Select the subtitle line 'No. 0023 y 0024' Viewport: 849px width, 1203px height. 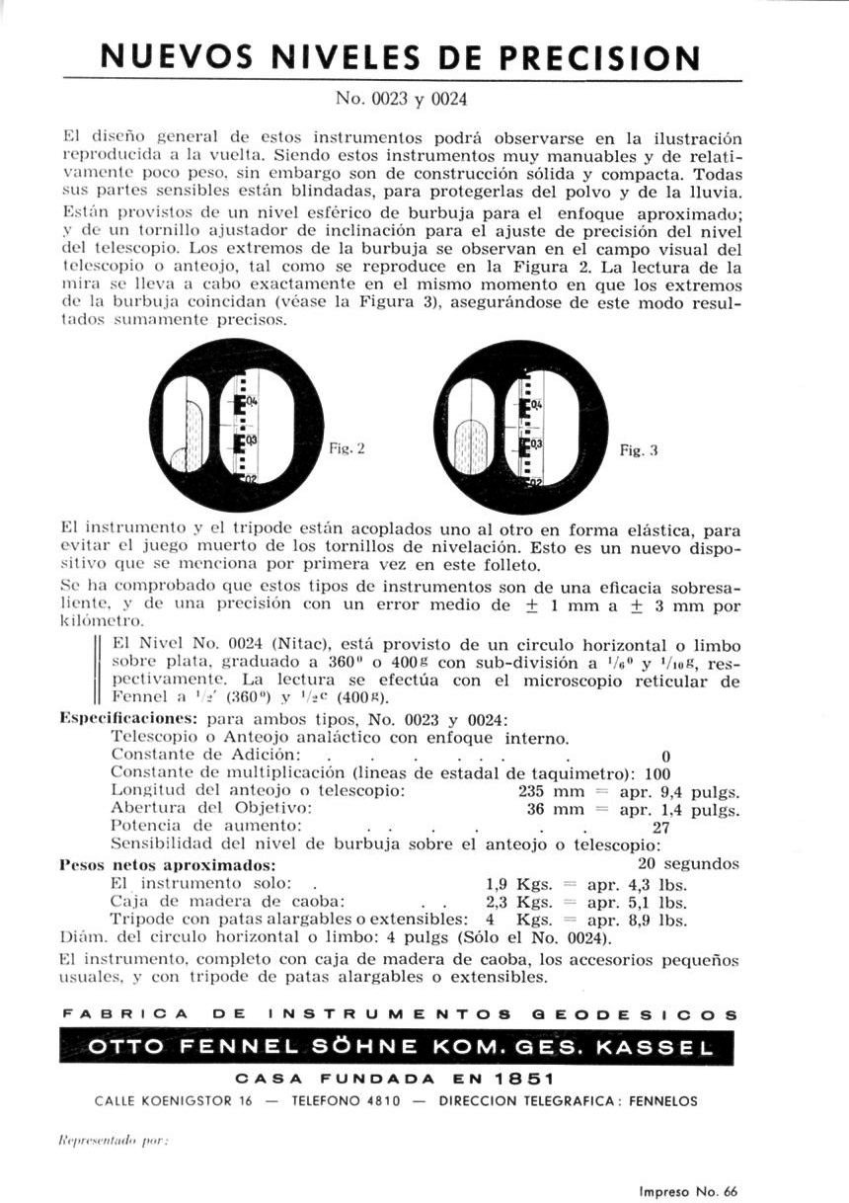coord(401,99)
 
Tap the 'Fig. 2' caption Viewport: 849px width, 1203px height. coord(347,447)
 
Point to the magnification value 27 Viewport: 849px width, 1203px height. coord(661,827)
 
